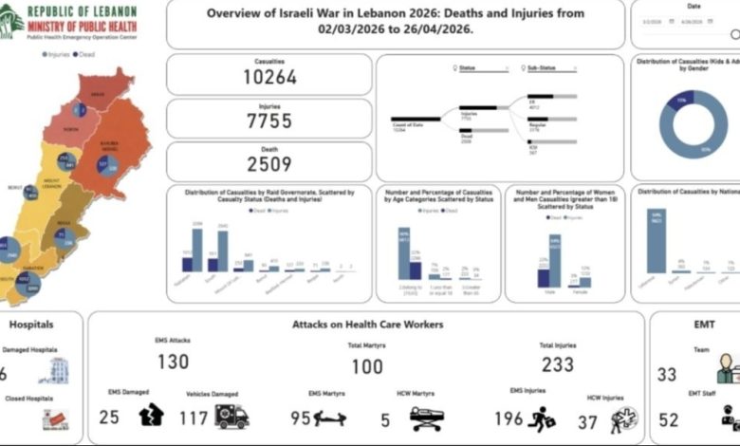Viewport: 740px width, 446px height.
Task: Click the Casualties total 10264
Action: point(269,78)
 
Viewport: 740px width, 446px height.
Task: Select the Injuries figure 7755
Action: point(269,122)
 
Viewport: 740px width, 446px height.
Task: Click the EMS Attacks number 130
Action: point(173,362)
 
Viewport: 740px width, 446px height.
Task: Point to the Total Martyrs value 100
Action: point(367,367)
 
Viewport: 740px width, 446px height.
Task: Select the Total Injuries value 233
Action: point(559,365)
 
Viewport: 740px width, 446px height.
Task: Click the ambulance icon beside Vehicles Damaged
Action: point(231,416)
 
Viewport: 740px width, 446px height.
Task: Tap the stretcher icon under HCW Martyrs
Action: point(426,417)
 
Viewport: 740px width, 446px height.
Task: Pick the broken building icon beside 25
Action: point(151,415)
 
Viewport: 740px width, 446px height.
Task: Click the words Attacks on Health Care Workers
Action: point(366,325)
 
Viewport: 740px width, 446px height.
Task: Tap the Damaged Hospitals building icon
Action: point(59,370)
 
